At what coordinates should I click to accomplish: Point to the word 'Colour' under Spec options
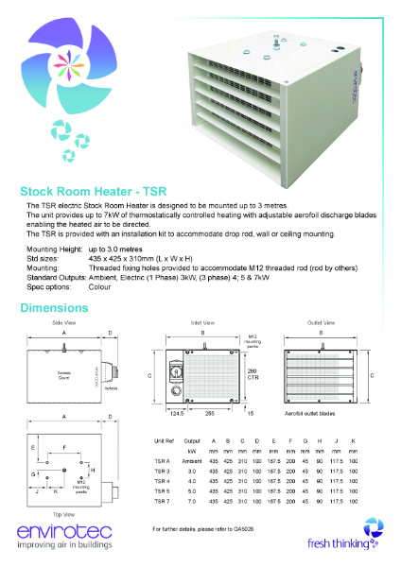[x=100, y=286]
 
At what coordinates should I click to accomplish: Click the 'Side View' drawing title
[x=64, y=323]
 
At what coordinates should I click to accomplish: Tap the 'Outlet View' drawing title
[x=323, y=323]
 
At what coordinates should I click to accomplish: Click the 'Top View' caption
[x=63, y=515]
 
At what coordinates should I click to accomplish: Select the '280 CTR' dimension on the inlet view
[x=253, y=374]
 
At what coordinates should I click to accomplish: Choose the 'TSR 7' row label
[x=163, y=503]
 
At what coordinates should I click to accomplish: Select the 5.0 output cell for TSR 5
[x=192, y=491]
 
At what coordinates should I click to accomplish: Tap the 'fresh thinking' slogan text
[x=336, y=543]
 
